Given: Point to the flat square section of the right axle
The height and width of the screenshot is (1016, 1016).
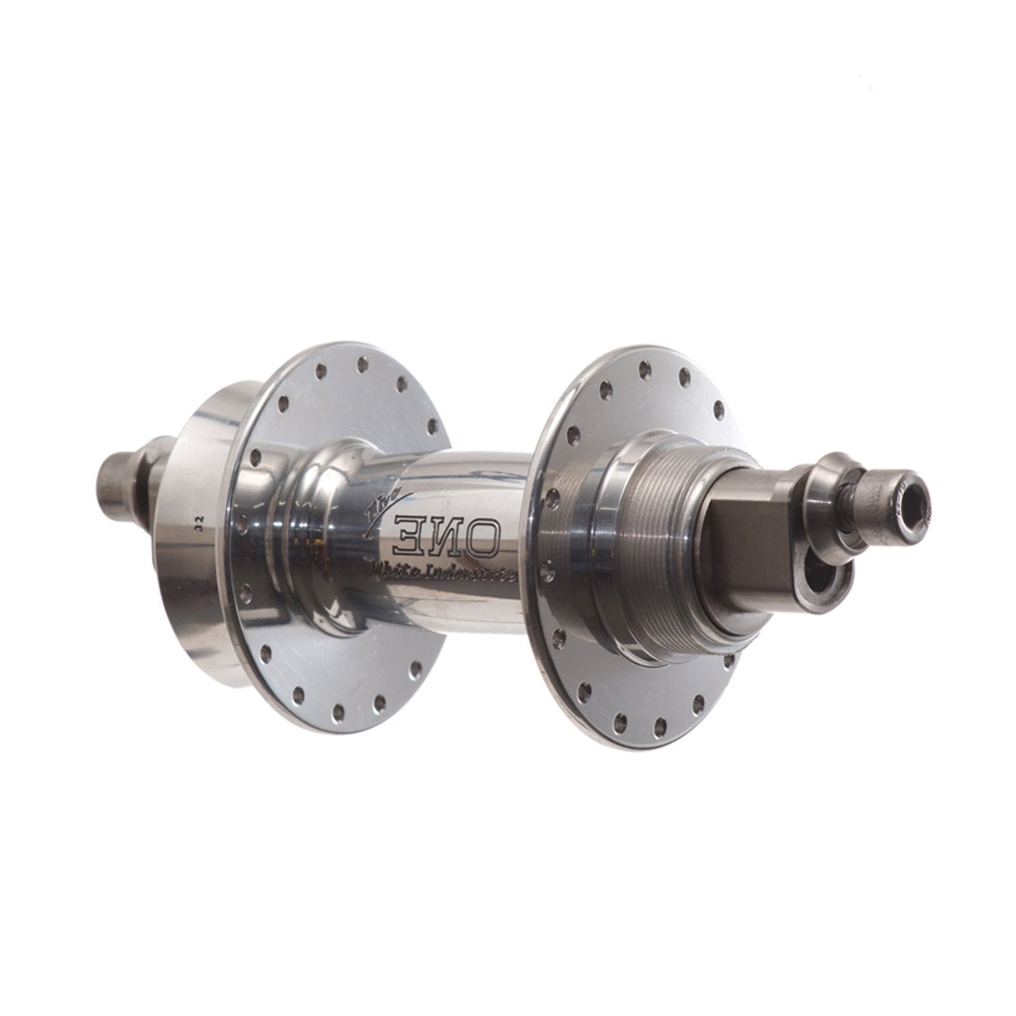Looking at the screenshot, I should (771, 522).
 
